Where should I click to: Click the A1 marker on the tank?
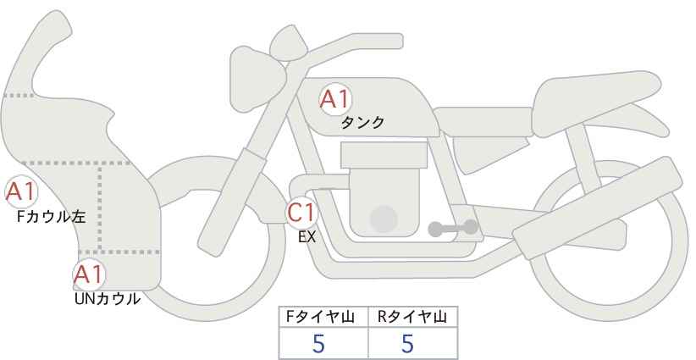[x=335, y=99]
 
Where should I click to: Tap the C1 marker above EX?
[x=301, y=213]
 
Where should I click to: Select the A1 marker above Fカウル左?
[x=21, y=192]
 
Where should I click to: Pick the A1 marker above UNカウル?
[x=89, y=274]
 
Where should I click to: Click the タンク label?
[x=362, y=123]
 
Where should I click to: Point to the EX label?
[x=307, y=237]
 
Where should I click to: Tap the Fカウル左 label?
[x=51, y=217]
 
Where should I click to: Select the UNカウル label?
[x=107, y=299]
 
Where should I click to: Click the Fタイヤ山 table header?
[x=320, y=317]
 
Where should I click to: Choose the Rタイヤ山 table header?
[x=412, y=317]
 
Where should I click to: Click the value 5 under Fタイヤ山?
[x=318, y=344]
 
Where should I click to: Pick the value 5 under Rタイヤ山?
[x=407, y=344]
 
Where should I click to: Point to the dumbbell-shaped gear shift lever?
[x=453, y=228]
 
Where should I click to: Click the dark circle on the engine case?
[x=384, y=219]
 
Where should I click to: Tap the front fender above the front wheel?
[x=208, y=182]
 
